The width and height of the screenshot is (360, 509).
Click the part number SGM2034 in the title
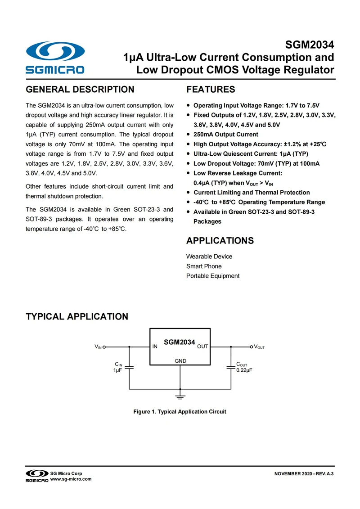(310, 45)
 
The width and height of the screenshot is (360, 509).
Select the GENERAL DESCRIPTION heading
(80, 90)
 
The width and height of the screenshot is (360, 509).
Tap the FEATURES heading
(211, 90)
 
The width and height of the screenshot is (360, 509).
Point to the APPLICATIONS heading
(220, 241)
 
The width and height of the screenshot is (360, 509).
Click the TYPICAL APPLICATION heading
(77, 317)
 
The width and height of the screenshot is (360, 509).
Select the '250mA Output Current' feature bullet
(225, 135)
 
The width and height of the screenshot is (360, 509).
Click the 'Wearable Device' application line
(209, 257)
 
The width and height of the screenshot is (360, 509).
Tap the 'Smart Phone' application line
(204, 266)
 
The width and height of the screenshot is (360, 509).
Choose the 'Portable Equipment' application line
(213, 276)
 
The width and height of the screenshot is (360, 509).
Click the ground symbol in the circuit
(180, 396)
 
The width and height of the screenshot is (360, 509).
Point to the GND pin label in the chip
(180, 361)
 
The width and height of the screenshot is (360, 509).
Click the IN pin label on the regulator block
(155, 347)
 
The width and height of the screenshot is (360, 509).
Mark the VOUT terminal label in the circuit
(259, 347)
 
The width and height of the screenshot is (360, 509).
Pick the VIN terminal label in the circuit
(99, 347)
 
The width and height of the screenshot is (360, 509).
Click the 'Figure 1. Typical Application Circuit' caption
(180, 412)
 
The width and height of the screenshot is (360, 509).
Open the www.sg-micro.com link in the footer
(71, 479)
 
